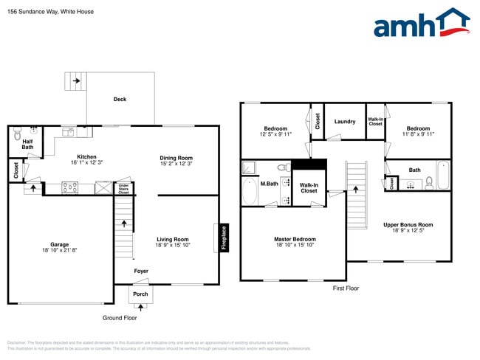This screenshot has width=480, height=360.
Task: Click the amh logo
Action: coord(422,24)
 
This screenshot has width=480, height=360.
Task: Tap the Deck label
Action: coord(120,99)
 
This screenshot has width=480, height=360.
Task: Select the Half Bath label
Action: coord(27,145)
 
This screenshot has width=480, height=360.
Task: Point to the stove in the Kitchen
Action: coord(69,187)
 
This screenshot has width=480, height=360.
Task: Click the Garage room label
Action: coord(59,244)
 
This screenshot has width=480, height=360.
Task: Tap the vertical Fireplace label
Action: coord(224,238)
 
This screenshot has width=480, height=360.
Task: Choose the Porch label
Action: coord(140,295)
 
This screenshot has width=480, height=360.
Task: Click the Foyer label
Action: coord(141,271)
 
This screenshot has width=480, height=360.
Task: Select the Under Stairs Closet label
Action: coord(123,189)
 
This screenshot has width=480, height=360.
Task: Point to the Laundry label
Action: coord(345,122)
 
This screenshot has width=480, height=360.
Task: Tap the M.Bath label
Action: coord(269,183)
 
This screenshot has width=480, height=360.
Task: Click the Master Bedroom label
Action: coord(295,239)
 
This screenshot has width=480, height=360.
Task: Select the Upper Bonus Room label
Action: coord(408,224)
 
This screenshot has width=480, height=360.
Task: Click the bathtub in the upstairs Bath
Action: coord(442,176)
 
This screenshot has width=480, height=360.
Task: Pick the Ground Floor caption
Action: coord(120,318)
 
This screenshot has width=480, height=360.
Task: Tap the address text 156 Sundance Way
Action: coord(29,11)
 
